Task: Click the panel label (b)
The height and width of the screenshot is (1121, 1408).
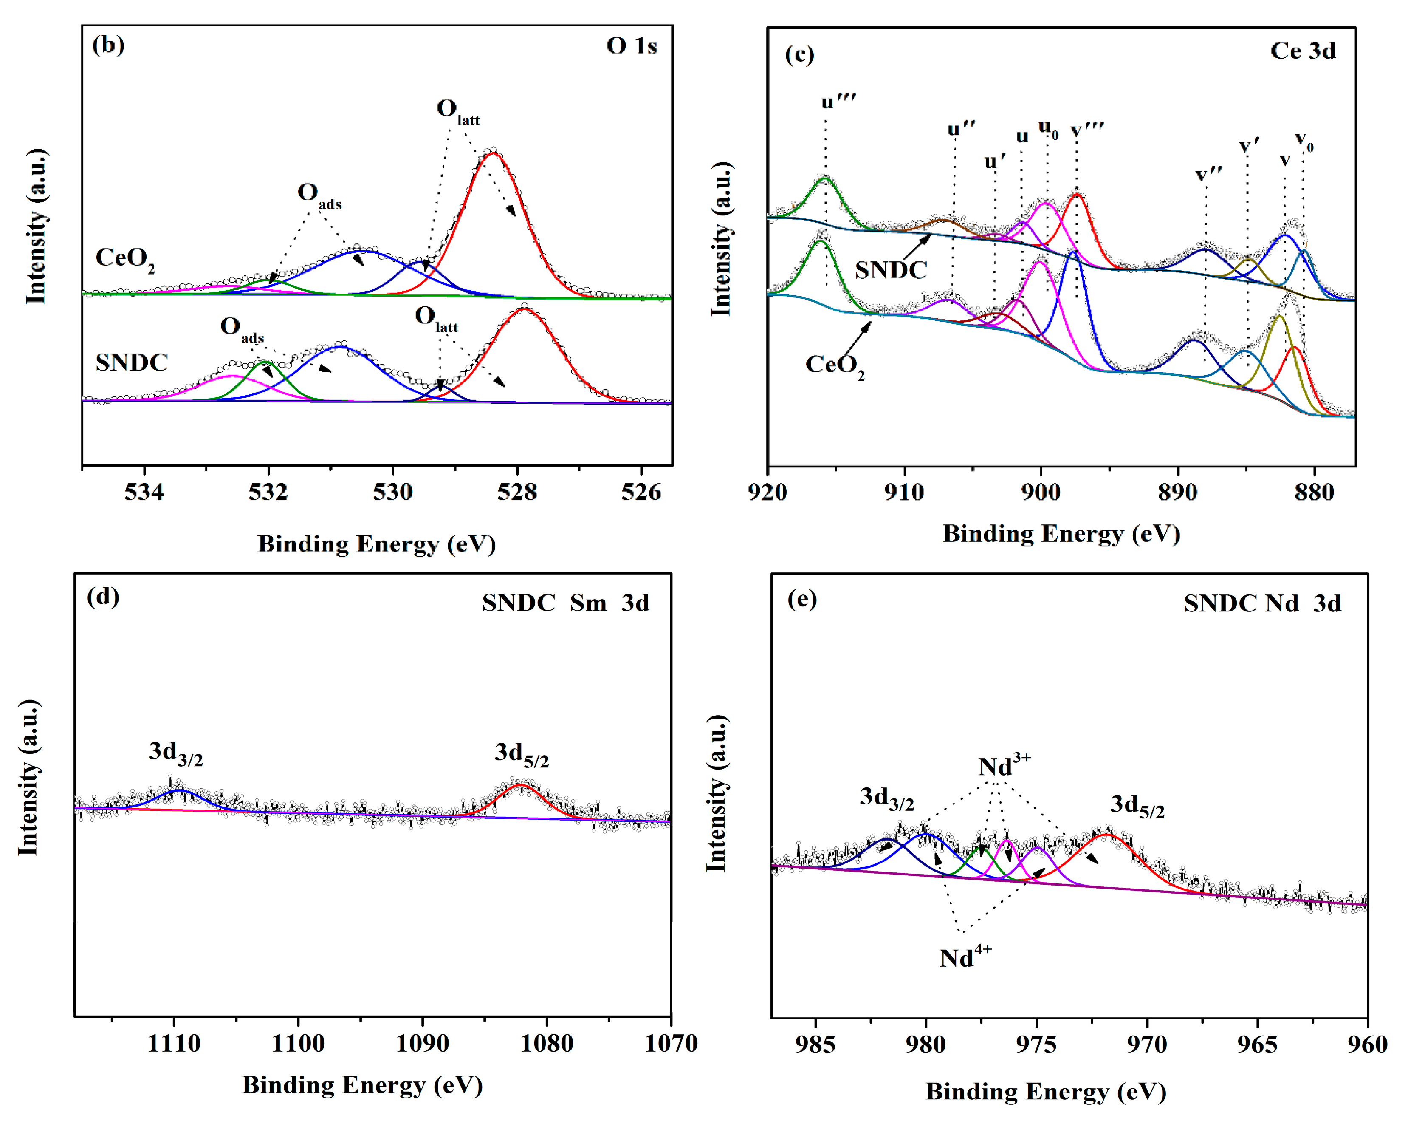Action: click(108, 46)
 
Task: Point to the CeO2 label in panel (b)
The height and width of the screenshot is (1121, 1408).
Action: click(125, 259)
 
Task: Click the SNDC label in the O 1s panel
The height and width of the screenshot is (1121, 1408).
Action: click(131, 362)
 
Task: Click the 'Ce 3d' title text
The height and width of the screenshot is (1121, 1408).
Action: click(1302, 51)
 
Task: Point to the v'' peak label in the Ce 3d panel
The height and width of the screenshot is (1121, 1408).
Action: click(1209, 174)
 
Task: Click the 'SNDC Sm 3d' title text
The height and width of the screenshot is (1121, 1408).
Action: click(566, 602)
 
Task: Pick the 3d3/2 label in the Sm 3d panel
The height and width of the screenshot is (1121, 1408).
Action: click(175, 753)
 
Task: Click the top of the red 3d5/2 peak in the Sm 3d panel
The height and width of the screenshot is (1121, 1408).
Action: click(521, 785)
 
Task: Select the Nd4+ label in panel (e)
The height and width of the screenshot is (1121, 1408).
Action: click(965, 958)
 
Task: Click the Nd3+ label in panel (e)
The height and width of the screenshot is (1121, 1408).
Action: click(1004, 766)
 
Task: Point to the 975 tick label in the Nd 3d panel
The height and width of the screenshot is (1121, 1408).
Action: click(1036, 1045)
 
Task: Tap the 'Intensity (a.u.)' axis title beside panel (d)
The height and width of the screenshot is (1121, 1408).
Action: click(28, 777)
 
